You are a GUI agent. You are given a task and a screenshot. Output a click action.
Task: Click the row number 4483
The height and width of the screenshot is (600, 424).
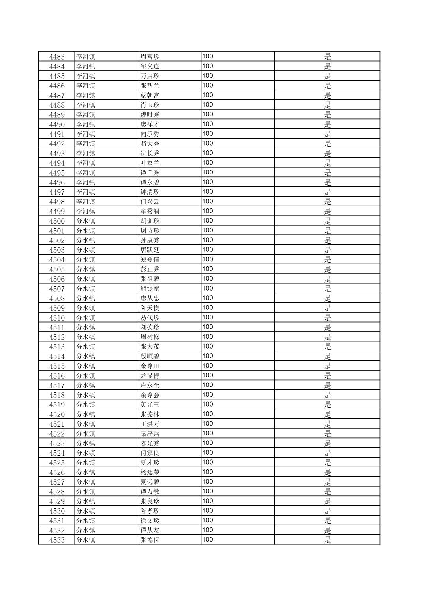[x=57, y=56]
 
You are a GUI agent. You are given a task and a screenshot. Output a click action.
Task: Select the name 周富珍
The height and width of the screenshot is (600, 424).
[x=150, y=56]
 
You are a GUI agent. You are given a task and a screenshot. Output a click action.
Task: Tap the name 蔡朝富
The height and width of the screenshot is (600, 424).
[x=150, y=95]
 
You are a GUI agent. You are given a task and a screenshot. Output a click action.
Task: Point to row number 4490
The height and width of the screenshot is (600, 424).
[x=57, y=124]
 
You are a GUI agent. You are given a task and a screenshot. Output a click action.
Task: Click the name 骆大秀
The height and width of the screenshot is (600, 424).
[x=150, y=144]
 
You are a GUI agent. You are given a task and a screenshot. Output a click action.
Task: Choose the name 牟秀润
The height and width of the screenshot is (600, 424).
[x=150, y=211]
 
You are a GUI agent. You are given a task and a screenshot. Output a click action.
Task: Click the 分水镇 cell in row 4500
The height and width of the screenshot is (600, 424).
[x=86, y=221]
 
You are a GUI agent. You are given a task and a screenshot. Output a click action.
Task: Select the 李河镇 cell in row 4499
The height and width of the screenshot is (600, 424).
[x=86, y=211]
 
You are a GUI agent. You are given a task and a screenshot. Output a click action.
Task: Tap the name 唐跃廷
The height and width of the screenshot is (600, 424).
[x=150, y=250]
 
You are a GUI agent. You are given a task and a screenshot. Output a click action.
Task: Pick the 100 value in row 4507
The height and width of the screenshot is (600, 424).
[x=208, y=289]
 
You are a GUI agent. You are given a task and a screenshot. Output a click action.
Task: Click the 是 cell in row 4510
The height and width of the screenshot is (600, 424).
[x=327, y=318]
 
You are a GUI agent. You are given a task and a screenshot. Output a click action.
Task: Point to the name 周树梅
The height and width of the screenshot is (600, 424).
[x=150, y=337]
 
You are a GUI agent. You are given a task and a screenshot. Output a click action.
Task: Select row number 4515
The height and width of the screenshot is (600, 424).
[x=57, y=366]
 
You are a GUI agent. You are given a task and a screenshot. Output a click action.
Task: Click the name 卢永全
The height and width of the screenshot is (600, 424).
[x=150, y=385]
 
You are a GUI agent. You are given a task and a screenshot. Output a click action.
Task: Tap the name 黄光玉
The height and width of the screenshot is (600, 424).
[x=150, y=405]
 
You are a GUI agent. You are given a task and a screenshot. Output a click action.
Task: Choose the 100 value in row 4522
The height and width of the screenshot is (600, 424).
[x=208, y=433]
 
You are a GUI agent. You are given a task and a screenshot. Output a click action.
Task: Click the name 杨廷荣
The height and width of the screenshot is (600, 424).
[x=150, y=472]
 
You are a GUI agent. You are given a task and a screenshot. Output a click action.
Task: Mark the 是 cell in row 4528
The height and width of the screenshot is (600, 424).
[x=327, y=492]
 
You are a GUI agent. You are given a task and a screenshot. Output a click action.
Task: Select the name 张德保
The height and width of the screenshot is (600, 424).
[x=150, y=540]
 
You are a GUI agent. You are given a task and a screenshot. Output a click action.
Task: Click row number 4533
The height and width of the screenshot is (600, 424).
[x=57, y=540]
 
